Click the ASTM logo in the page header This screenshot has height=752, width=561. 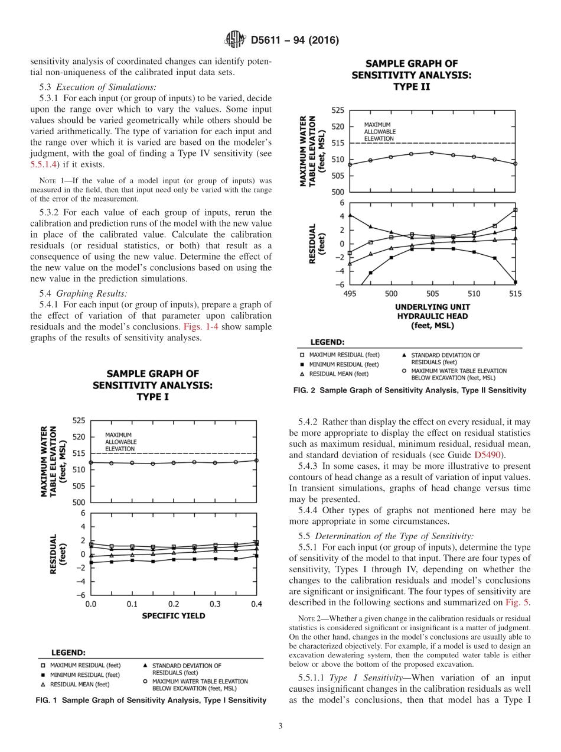(235, 40)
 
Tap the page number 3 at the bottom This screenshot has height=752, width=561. (280, 726)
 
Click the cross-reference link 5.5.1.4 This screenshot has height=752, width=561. (54, 164)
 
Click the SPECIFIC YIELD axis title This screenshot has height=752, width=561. (173, 616)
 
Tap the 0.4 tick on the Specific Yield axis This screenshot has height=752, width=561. (256, 604)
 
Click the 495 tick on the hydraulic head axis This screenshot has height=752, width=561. (350, 294)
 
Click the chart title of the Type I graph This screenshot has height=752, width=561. (152, 385)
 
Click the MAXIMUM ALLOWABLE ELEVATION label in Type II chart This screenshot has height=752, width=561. (380, 132)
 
